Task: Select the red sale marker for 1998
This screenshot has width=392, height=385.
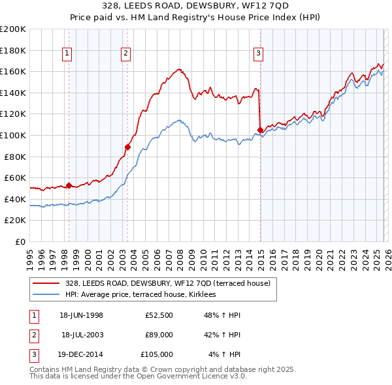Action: coord(69,185)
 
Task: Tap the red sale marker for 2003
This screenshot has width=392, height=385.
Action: coord(127,147)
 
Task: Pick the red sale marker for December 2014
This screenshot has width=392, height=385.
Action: coord(261,130)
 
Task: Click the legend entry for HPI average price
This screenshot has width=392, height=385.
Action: coord(145,295)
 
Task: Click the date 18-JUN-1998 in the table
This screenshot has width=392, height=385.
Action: coord(81,315)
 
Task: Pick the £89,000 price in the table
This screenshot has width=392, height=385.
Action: coord(159,335)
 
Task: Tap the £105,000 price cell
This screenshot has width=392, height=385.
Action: coord(157,354)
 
